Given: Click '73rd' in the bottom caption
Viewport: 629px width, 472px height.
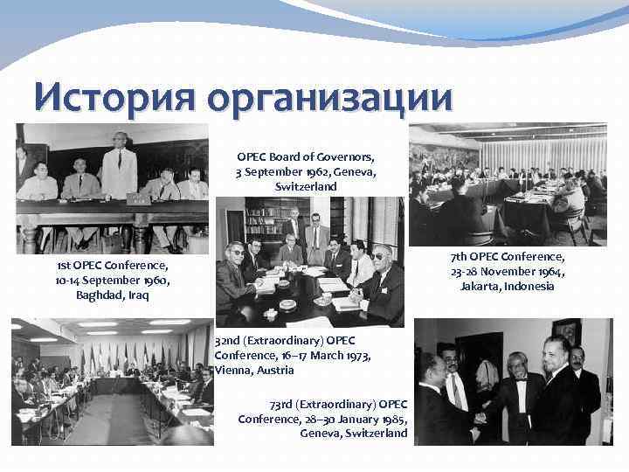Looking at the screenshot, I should coord(285,404).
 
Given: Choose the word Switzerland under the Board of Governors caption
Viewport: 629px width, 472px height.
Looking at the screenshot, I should coord(305,187).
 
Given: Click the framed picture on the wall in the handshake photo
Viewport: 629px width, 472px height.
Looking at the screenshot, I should coord(566,330).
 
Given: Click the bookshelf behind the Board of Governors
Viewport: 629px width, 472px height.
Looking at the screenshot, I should coord(266,219).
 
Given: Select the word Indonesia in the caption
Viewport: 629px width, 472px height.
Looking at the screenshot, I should coord(529,287).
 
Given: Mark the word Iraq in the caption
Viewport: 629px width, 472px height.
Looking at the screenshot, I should coord(136,295).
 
